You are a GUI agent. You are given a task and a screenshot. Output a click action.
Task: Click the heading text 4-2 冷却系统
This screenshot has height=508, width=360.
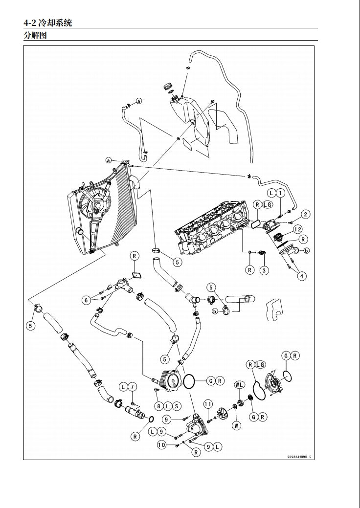[x=47, y=22]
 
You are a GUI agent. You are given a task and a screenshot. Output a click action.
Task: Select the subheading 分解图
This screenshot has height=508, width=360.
[x=35, y=35]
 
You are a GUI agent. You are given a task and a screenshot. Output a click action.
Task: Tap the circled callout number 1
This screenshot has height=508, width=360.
[x=280, y=193]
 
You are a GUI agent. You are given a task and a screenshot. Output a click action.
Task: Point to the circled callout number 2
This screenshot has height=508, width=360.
[x=305, y=214]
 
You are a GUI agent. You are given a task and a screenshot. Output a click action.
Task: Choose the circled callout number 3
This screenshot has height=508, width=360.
[x=264, y=269]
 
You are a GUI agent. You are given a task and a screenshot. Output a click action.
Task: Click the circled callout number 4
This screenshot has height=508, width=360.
[x=302, y=276]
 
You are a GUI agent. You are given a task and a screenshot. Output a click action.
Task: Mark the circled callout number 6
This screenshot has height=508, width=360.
[x=86, y=300]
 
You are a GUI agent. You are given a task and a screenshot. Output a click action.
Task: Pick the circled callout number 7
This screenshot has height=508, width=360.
[x=133, y=387]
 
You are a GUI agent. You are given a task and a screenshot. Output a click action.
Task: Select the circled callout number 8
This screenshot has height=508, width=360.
[x=159, y=406]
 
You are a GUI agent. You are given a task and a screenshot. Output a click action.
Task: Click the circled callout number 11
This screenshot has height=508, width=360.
[x=208, y=404]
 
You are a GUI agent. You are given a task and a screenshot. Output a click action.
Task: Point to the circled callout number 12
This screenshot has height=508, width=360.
[x=297, y=229]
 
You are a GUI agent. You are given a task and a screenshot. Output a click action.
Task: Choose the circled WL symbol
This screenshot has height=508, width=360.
[x=239, y=385]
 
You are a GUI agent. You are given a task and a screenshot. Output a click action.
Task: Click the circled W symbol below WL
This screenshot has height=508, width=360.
[x=237, y=425]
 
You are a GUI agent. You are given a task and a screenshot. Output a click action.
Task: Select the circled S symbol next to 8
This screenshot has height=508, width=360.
[x=176, y=406]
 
